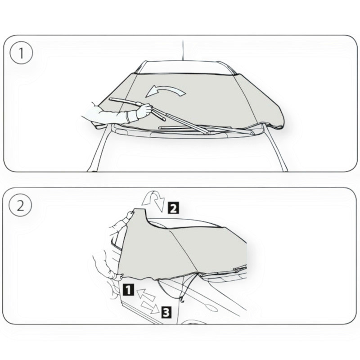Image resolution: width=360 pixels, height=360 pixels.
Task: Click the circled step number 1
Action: click(x=21, y=53)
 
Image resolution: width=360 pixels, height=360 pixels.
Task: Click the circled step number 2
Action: click(x=20, y=205)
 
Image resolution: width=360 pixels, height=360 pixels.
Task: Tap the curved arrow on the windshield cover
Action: click(x=165, y=91)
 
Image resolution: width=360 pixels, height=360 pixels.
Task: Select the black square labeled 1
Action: click(x=128, y=289)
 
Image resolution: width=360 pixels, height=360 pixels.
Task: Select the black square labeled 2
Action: click(x=173, y=208)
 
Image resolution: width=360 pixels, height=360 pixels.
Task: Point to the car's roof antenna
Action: click(x=183, y=50)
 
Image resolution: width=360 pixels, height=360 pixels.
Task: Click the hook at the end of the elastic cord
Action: click(x=183, y=300)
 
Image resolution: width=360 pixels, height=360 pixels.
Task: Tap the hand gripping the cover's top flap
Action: click(x=130, y=215)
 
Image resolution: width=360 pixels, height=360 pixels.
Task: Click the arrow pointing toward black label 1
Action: click(x=145, y=295)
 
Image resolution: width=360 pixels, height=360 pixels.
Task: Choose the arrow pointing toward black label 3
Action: click(x=150, y=307)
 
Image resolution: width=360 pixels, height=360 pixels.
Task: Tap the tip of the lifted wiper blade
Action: click(x=110, y=99)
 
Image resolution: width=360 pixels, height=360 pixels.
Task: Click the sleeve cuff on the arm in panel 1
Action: click(x=131, y=117)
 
